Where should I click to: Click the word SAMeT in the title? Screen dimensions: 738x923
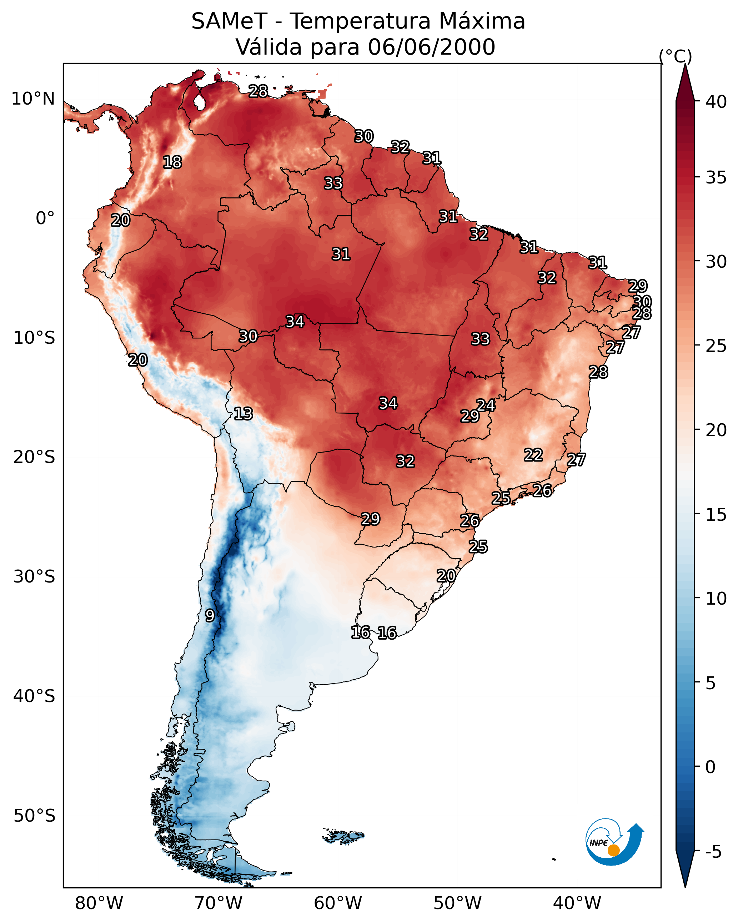(229, 21)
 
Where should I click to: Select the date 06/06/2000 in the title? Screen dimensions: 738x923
(432, 47)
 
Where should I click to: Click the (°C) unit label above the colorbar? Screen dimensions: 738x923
(675, 56)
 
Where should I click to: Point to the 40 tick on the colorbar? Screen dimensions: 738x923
(716, 102)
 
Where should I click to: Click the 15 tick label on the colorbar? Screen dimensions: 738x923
(716, 515)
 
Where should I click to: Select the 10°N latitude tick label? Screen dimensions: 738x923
(33, 99)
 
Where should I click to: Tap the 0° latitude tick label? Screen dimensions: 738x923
(45, 218)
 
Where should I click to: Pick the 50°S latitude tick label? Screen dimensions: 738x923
(34, 816)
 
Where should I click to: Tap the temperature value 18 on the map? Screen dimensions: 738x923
(172, 162)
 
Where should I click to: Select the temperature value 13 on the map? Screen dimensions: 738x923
(243, 414)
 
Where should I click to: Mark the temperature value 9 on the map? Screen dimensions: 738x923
(210, 616)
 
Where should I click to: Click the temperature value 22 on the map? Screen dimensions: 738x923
(533, 455)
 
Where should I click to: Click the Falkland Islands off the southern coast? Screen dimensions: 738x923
(343, 836)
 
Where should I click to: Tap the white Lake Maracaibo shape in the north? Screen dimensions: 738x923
(199, 101)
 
